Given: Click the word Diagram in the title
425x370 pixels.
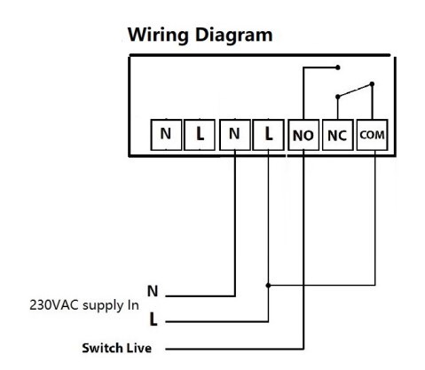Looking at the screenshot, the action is point(233,35).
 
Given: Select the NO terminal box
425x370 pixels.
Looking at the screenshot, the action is point(303,135).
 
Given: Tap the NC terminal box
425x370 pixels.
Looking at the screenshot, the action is point(337,135).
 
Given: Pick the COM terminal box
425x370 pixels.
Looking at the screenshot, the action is point(372,135).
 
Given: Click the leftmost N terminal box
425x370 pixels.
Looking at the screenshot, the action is point(166,135).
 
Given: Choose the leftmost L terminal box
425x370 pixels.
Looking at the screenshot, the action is point(200,135).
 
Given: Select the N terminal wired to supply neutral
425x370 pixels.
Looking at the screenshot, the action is point(235,135).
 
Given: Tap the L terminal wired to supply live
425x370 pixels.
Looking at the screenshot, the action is point(269,135).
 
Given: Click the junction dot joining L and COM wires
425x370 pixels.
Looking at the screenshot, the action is point(268,286).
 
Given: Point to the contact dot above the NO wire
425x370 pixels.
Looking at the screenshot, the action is point(338,67).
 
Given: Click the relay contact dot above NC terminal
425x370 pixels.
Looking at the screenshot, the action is point(338,97).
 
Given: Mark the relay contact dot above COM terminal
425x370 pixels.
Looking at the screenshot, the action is point(372,84).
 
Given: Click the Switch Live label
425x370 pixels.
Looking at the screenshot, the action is point(117,348).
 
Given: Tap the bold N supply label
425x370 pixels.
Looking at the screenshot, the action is point(153,291).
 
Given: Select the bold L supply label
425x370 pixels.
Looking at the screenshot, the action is point(153,319).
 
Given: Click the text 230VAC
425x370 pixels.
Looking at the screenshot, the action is point(54,305).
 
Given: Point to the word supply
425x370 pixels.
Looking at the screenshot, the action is point(103,306).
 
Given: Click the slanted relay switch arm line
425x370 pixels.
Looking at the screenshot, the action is point(355,91).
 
